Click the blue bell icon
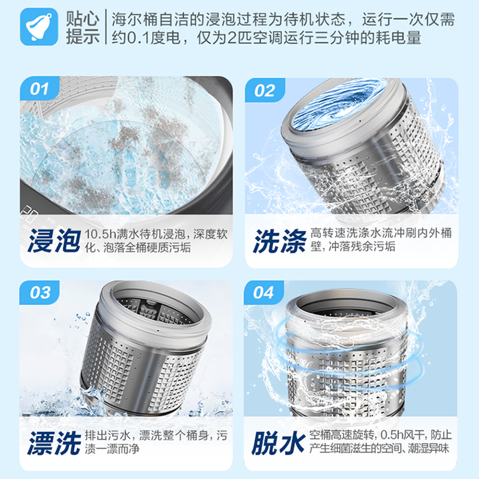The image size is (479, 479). pos(40,28)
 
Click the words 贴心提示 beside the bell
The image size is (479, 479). pos(83,28)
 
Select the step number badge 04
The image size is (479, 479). pos(264,293)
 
